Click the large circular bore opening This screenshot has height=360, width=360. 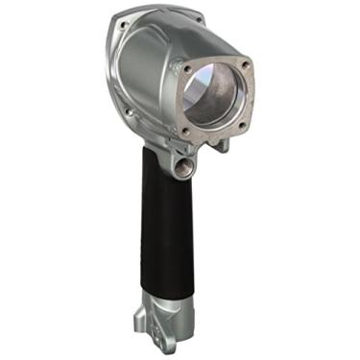[214, 96]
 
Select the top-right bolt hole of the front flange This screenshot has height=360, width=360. [246, 65]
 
